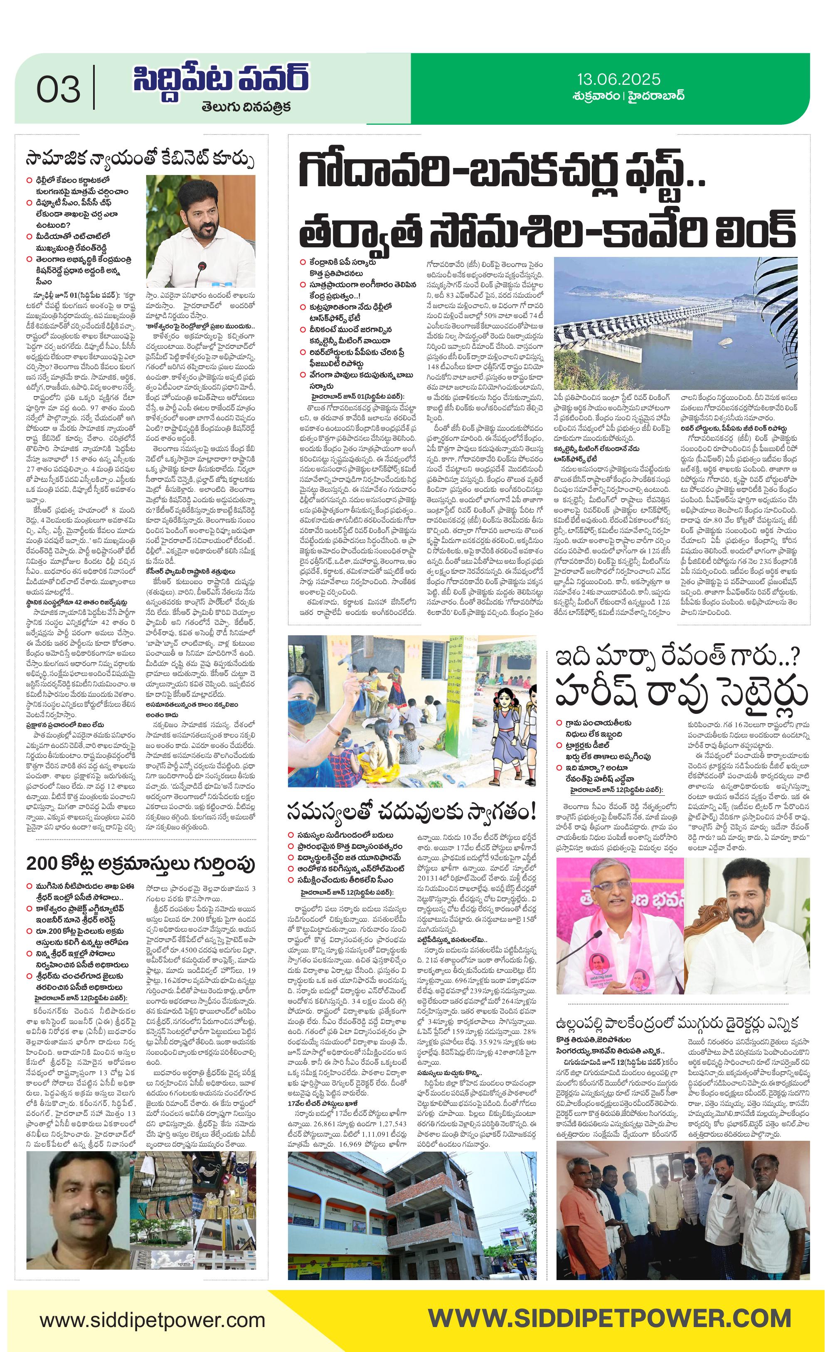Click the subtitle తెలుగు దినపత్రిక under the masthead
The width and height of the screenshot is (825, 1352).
coord(237,106)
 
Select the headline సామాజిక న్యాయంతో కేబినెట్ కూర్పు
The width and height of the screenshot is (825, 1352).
coord(140,160)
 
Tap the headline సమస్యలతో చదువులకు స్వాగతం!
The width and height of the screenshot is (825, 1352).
coord(411,810)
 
